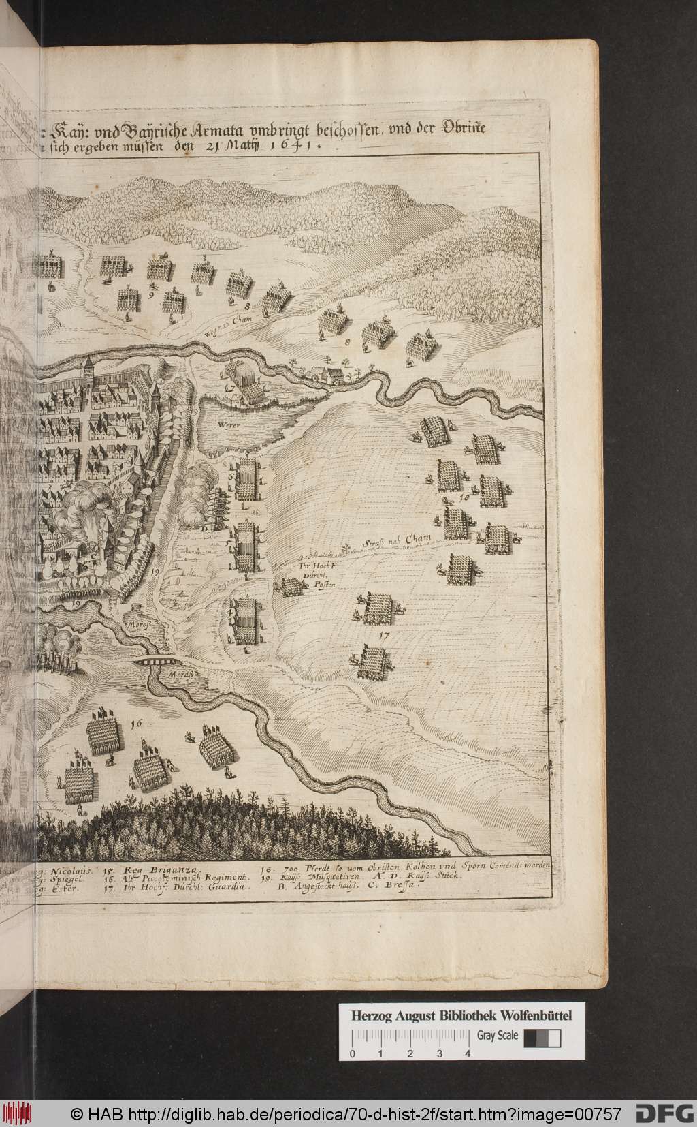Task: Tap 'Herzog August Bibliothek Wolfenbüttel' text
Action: [x=461, y=1016]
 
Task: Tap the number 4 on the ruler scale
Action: [x=468, y=1053]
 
